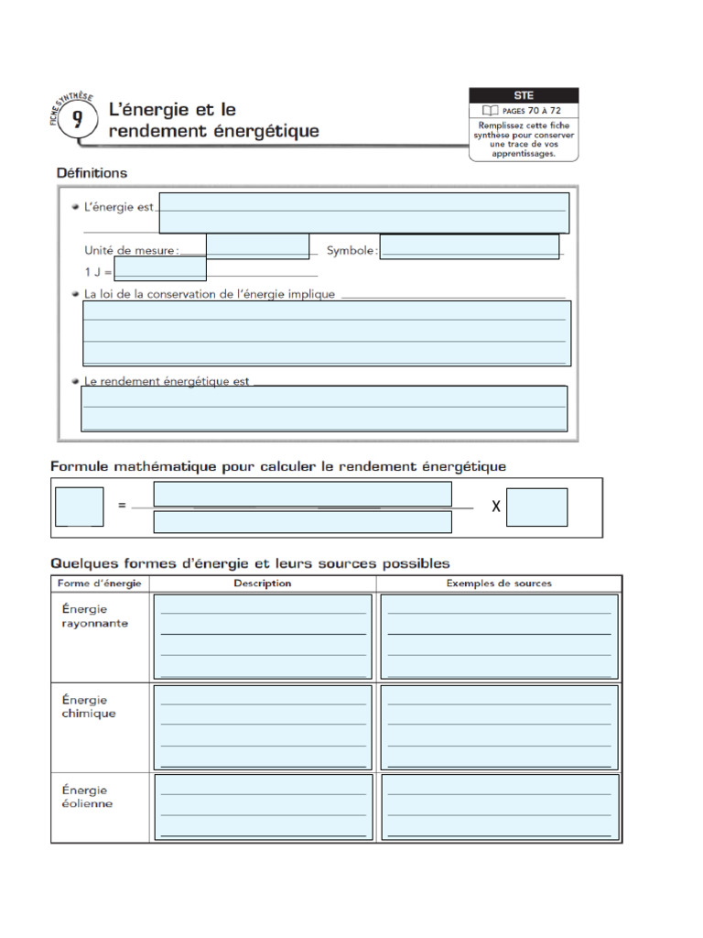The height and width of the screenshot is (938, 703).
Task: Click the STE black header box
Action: [x=524, y=95]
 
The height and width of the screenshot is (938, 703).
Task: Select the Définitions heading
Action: [x=92, y=172]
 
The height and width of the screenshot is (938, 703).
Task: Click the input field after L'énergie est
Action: [x=363, y=213]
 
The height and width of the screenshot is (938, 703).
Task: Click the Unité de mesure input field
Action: [x=257, y=246]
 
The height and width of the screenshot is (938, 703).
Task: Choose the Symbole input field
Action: [x=469, y=246]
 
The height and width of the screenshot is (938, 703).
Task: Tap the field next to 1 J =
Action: [x=159, y=268]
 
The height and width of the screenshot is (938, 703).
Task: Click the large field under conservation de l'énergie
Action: [x=327, y=333]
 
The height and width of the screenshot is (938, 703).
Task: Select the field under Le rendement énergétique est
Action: [x=324, y=408]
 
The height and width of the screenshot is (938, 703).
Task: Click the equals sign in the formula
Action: [x=122, y=506]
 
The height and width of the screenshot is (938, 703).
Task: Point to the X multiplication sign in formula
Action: [x=495, y=507]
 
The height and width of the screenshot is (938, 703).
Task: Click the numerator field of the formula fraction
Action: [x=302, y=494]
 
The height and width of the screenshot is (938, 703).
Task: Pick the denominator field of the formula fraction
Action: [x=302, y=522]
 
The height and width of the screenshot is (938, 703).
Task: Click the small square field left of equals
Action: [x=79, y=507]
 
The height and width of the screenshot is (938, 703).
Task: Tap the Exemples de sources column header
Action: [x=499, y=584]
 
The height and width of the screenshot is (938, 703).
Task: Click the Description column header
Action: [x=263, y=584]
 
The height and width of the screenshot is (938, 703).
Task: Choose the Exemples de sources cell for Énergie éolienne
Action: [x=499, y=806]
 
